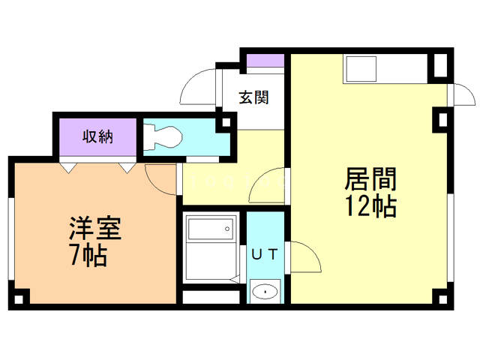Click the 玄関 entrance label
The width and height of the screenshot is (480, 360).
(253, 97)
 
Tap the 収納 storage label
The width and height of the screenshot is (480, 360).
(97, 136)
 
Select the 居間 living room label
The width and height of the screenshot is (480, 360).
(370, 180)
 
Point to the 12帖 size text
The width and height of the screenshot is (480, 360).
(370, 206)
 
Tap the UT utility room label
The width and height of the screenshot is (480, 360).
(265, 255)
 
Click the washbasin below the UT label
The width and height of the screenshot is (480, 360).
(265, 290)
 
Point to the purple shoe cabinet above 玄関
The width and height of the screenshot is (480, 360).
(265, 61)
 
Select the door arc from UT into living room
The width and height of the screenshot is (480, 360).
(304, 258)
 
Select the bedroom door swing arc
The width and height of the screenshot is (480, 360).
(160, 177)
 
